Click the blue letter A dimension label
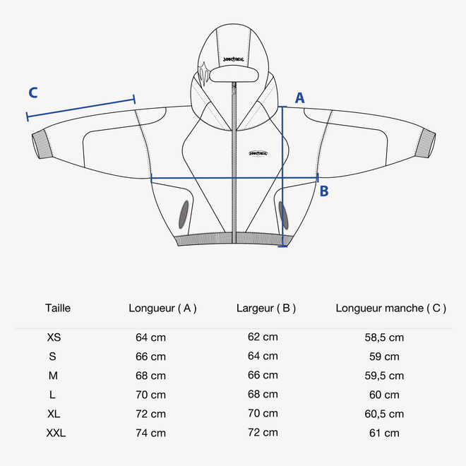click(299, 98)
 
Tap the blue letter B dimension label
click(324, 191)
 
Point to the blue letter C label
click(33, 92)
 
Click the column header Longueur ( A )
click(162, 308)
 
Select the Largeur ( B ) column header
click(266, 308)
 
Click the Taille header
click(58, 308)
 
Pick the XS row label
click(54, 337)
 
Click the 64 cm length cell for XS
click(150, 337)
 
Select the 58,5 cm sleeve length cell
click(384, 337)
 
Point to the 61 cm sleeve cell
click(384, 433)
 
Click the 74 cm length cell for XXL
click(150, 433)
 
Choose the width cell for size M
click(263, 375)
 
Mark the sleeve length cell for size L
click(384, 395)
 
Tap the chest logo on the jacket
click(260, 153)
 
